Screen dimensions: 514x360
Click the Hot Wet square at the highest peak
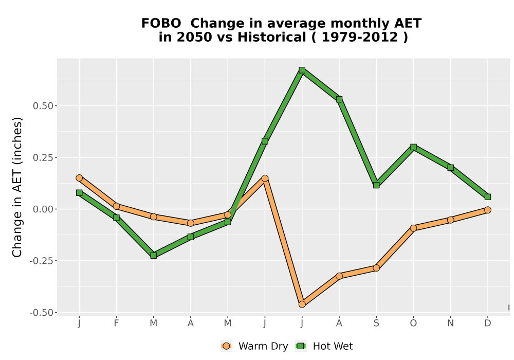click(x=302, y=70)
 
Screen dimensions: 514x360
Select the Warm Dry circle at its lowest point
click(x=302, y=304)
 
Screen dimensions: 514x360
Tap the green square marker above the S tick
click(x=376, y=185)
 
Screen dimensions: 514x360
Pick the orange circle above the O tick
click(x=413, y=228)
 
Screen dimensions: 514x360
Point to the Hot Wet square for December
click(x=488, y=197)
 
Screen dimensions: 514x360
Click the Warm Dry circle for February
click(x=116, y=206)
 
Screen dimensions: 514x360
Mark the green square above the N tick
click(x=450, y=168)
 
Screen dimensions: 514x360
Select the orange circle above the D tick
click(x=488, y=210)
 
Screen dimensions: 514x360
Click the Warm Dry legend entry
click(x=254, y=346)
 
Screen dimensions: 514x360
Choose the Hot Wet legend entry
click(x=324, y=346)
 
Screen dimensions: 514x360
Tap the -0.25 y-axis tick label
click(x=41, y=261)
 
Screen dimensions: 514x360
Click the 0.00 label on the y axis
click(x=43, y=209)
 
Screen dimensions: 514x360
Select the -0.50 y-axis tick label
click(x=41, y=313)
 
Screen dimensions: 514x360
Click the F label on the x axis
click(x=116, y=323)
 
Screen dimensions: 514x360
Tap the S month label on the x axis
click(x=376, y=323)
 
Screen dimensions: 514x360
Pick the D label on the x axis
click(x=488, y=323)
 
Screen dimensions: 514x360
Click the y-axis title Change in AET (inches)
click(x=17, y=187)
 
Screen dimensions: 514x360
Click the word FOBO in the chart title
click(x=161, y=24)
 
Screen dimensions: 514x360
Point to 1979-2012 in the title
click(x=360, y=37)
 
